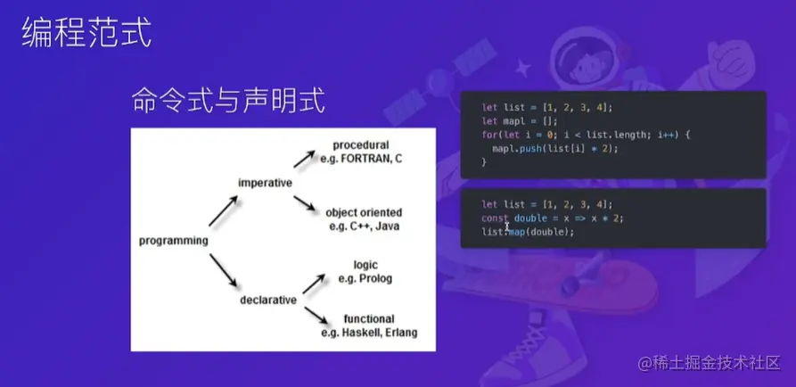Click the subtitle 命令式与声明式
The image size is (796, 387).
pyautogui.click(x=228, y=99)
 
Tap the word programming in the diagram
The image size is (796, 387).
pyautogui.click(x=174, y=240)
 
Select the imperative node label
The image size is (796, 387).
pyautogui.click(x=265, y=183)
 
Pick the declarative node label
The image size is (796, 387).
pyautogui.click(x=267, y=301)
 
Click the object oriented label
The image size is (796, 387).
pyautogui.click(x=363, y=212)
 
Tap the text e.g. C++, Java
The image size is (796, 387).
pyautogui.click(x=363, y=226)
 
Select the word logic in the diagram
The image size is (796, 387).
pyautogui.click(x=365, y=265)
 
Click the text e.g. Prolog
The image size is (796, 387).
pyautogui.click(x=365, y=279)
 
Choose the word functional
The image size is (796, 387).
pyautogui.click(x=369, y=319)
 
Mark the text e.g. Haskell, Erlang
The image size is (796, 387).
pyautogui.click(x=369, y=333)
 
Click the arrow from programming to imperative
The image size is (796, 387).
pyautogui.click(x=222, y=210)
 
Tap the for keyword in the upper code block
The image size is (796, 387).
pyautogui.click(x=488, y=134)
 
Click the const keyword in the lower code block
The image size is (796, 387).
pyautogui.click(x=494, y=218)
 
